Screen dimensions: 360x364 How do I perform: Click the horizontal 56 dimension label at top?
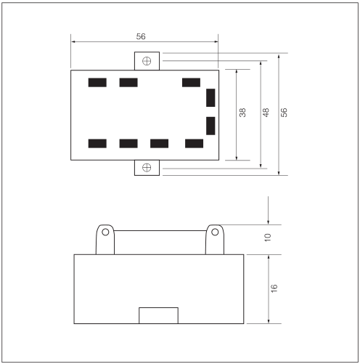[x=141, y=36]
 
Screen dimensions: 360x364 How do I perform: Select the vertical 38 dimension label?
[x=242, y=113]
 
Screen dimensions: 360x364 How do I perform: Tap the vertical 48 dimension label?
[x=266, y=113]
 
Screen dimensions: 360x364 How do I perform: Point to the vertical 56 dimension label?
[x=284, y=113]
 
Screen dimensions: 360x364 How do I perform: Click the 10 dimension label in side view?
[x=268, y=238]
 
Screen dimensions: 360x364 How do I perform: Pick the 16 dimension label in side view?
[x=274, y=288]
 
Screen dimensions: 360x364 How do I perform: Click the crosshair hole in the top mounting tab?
[x=147, y=61]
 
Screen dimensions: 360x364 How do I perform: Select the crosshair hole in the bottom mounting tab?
[x=147, y=167]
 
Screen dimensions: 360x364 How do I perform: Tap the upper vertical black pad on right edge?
[x=210, y=97]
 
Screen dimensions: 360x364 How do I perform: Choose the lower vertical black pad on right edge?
[x=210, y=126]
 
